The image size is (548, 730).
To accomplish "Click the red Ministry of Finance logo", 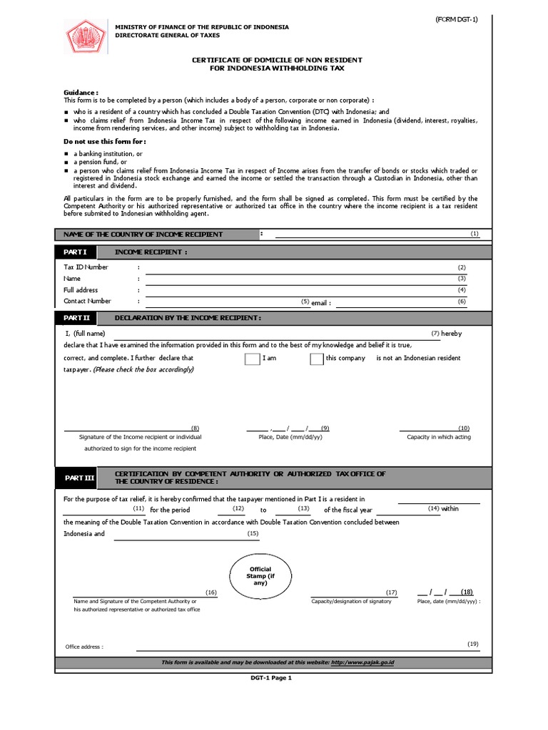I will coord(84,36).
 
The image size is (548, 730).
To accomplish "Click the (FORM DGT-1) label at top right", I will coord(457,19).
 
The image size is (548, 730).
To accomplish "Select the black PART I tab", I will coord(76,252).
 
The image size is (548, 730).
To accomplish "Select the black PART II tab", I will coord(77,317).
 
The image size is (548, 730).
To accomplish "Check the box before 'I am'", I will coord(252,359).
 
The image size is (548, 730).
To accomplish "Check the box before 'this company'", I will coord(317,359).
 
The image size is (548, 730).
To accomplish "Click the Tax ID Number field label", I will coord(86,267).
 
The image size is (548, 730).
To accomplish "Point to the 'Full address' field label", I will coord(81,290).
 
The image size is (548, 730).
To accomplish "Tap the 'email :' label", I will coord(321,303).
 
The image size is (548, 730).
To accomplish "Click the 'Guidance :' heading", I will coord(81,93).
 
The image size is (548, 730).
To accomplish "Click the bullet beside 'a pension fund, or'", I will coord(66,163).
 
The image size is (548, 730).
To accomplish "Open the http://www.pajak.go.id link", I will coord(362,662).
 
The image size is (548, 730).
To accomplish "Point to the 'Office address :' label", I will coord(84,647).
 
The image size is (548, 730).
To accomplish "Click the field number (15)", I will coord(253,534).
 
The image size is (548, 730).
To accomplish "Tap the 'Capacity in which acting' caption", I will coord(439,437).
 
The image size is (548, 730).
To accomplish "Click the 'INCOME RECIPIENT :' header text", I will coord(151,252).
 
